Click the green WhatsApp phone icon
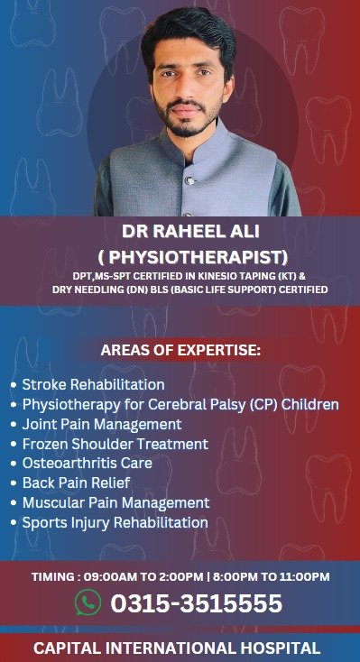[x=88, y=602]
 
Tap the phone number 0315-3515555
[x=197, y=602]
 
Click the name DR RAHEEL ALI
[x=190, y=232]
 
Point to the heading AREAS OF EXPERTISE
[x=180, y=351]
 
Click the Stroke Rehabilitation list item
[x=93, y=384]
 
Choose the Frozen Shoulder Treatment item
[x=115, y=444]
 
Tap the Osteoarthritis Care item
[x=87, y=463]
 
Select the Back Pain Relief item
[x=76, y=483]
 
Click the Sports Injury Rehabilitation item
[x=115, y=522]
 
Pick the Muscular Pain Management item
[x=115, y=502]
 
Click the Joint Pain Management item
[x=102, y=424]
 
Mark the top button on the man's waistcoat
[x=190, y=181]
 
